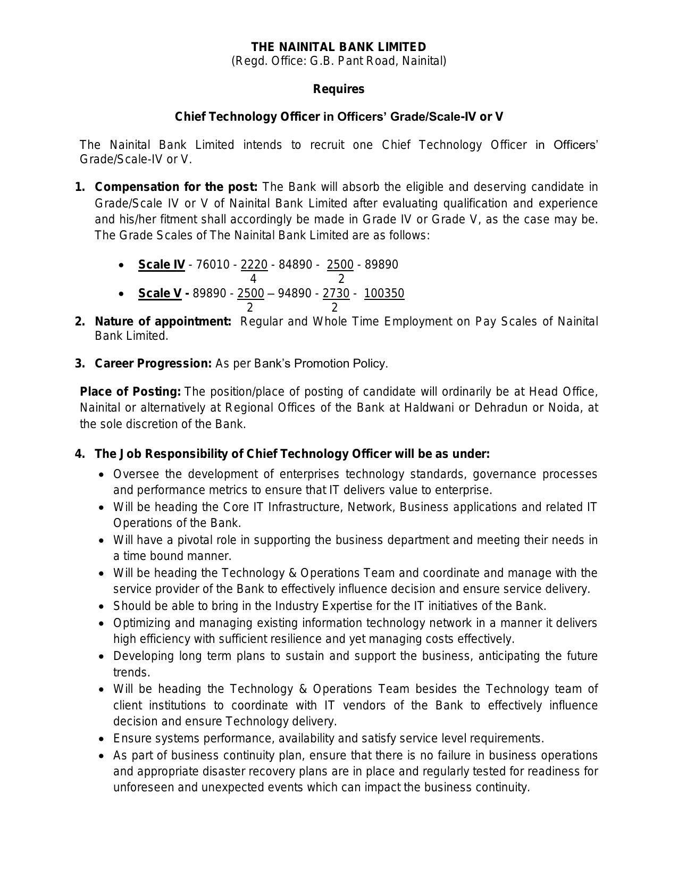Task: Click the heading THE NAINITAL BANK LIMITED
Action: point(338,47)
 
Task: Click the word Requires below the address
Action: point(338,89)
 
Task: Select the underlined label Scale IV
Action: point(162,264)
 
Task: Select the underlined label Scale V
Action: point(160,293)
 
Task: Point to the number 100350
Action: point(384,293)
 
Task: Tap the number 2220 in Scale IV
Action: point(254,264)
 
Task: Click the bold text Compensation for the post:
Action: point(176,187)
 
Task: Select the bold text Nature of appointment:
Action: point(163,321)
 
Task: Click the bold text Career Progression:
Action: point(153,363)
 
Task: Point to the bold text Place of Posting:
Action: point(130,391)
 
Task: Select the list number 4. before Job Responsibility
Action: point(80,454)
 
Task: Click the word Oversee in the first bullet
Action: point(136,473)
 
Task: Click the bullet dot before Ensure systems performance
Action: point(102,739)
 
